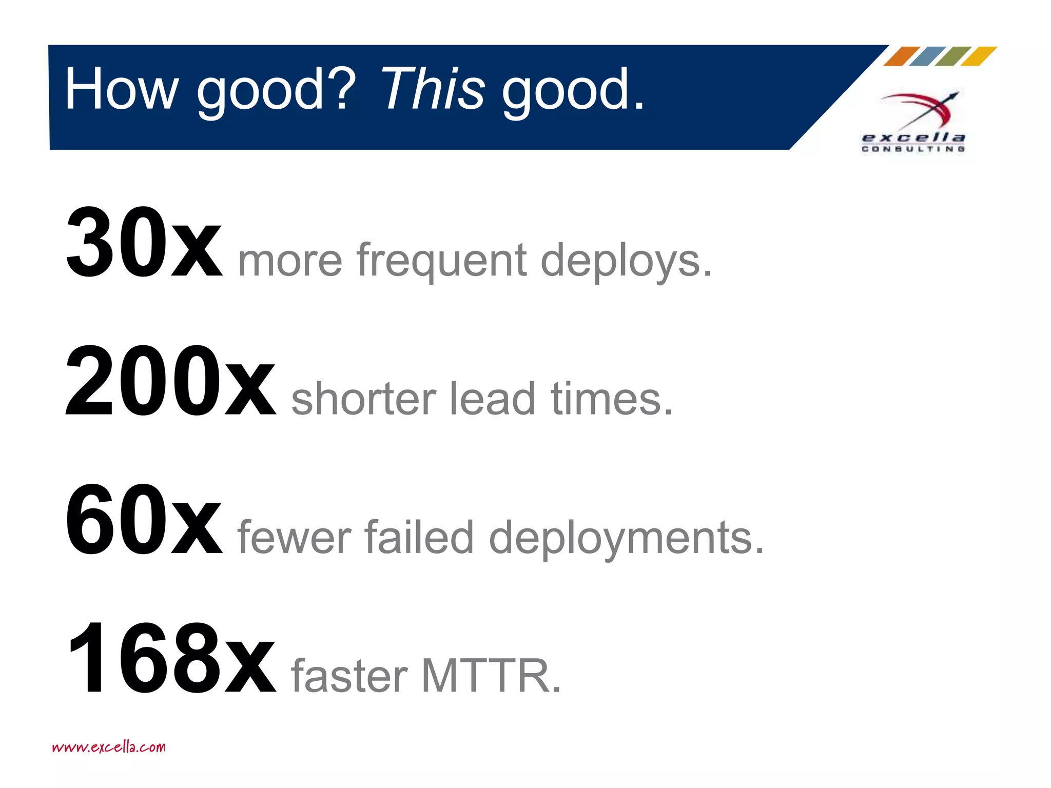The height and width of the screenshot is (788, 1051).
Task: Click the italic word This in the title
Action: click(432, 89)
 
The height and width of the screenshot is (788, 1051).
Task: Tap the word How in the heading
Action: click(121, 89)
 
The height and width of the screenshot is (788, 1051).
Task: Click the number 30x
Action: click(144, 242)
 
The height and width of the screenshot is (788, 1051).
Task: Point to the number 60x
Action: click(144, 520)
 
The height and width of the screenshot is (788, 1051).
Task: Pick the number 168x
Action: click(171, 659)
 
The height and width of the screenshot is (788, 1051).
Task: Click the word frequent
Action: click(442, 262)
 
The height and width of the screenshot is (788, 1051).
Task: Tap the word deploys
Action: click(626, 262)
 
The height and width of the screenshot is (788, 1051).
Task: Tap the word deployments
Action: click(626, 539)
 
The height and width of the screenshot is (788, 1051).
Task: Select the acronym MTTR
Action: click(491, 676)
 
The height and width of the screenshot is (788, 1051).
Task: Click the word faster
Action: click(349, 676)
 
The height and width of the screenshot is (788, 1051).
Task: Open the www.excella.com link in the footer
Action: click(109, 747)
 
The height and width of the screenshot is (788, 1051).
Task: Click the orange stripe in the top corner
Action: click(902, 56)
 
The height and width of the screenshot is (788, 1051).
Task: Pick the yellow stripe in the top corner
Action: click(979, 56)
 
